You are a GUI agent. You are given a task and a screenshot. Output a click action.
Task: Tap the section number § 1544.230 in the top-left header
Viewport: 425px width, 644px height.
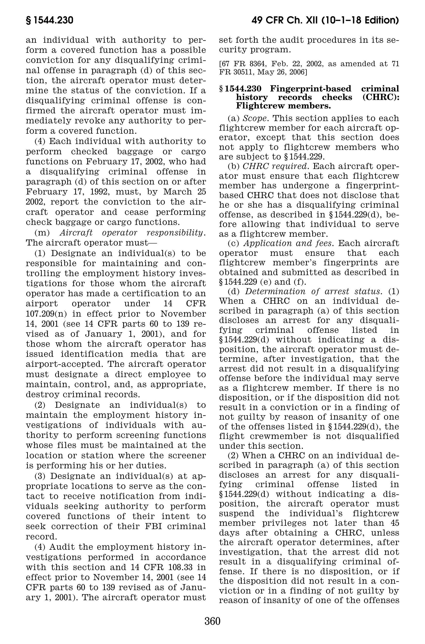(50, 21)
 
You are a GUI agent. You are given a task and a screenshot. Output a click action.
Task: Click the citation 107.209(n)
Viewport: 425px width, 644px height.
(48, 314)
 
